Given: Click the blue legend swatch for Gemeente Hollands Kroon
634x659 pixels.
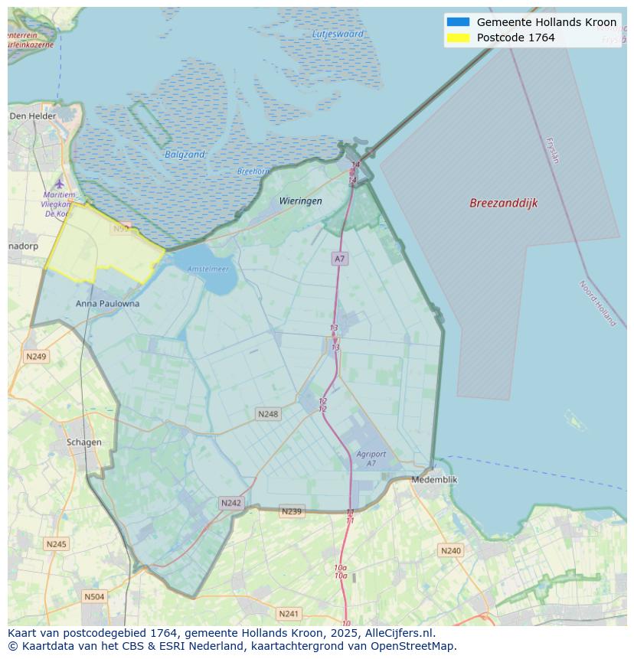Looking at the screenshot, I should (x=457, y=22).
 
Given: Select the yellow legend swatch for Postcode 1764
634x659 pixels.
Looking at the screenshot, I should (x=457, y=38).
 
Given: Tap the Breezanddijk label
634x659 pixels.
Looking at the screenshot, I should (x=503, y=203).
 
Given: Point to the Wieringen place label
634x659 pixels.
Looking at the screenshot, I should (x=300, y=201).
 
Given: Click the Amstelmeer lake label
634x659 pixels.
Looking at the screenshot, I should (x=208, y=269).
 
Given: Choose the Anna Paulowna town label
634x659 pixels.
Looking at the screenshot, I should (x=108, y=304).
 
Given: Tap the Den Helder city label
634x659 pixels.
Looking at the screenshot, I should (x=33, y=116).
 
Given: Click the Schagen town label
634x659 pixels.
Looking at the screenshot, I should (x=83, y=442).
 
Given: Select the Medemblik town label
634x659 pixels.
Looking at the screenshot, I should (x=434, y=479).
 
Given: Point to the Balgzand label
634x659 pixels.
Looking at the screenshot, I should (x=185, y=155).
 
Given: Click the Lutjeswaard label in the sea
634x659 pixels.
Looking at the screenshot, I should (x=338, y=34).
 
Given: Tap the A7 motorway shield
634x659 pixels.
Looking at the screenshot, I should (x=339, y=259).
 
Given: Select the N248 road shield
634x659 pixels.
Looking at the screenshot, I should (x=268, y=414).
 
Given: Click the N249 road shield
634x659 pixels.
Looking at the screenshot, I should (x=36, y=357).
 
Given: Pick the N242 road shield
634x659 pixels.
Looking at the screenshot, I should (x=230, y=503).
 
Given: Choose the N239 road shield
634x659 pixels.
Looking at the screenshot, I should (x=292, y=511).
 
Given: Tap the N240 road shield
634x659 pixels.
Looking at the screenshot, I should (x=451, y=550).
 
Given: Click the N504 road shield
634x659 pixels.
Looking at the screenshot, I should (x=94, y=597).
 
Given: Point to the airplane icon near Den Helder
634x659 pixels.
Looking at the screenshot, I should (x=60, y=184).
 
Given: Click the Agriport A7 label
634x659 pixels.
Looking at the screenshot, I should (x=371, y=458).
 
